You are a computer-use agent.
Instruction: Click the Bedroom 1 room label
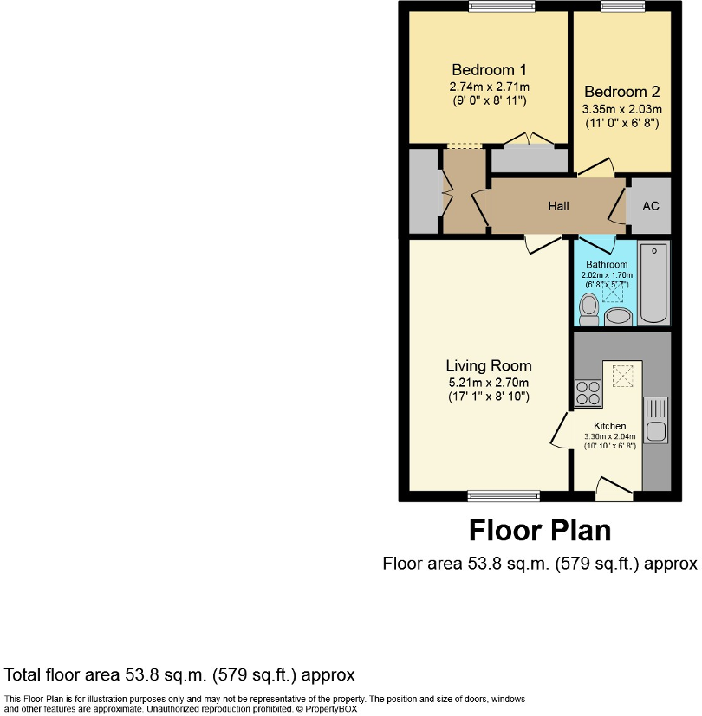(x=489, y=70)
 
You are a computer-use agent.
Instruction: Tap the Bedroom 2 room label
(x=621, y=92)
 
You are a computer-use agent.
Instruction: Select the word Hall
(x=558, y=206)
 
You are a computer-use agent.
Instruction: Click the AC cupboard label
(x=649, y=206)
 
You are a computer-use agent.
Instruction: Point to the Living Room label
(x=489, y=365)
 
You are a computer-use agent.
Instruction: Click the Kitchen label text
(x=609, y=426)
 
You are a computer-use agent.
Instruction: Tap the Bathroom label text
(x=607, y=264)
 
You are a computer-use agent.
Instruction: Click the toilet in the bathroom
(x=589, y=307)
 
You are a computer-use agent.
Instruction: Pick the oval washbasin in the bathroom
(x=618, y=316)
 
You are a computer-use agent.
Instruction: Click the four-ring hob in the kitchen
(x=587, y=393)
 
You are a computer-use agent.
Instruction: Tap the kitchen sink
(x=656, y=420)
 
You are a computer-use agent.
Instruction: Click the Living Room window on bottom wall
(x=503, y=496)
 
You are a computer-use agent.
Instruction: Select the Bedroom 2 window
(x=622, y=7)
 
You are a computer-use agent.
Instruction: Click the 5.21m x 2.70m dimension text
(x=489, y=383)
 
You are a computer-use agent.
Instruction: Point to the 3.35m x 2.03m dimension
(x=621, y=109)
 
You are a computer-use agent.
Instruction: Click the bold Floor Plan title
(x=540, y=530)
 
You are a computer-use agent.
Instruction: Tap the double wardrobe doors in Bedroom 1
(x=529, y=139)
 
